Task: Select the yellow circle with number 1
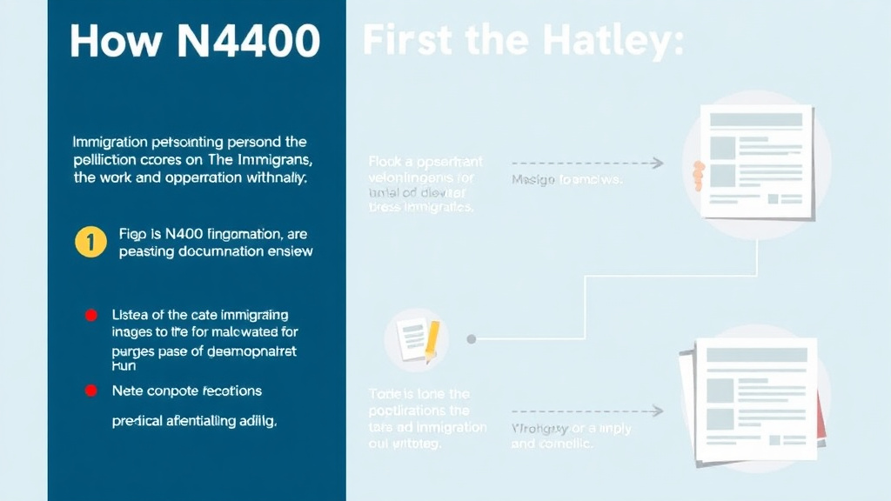tap(90, 243)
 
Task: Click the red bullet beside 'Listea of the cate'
tap(90, 315)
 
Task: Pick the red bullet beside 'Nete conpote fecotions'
tap(90, 391)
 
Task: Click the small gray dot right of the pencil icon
tap(471, 338)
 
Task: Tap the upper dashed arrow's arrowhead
tap(659, 163)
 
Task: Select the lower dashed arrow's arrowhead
tap(659, 411)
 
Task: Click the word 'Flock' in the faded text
tap(385, 162)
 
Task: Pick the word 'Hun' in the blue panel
tap(124, 367)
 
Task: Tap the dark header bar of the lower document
tap(754, 355)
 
